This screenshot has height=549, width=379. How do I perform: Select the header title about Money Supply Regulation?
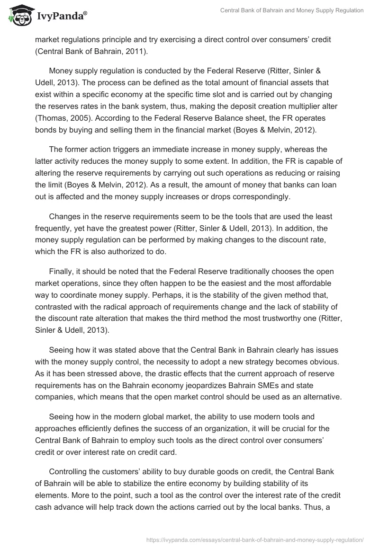[292, 10]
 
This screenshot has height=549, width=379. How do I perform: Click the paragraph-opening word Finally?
[62, 271]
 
